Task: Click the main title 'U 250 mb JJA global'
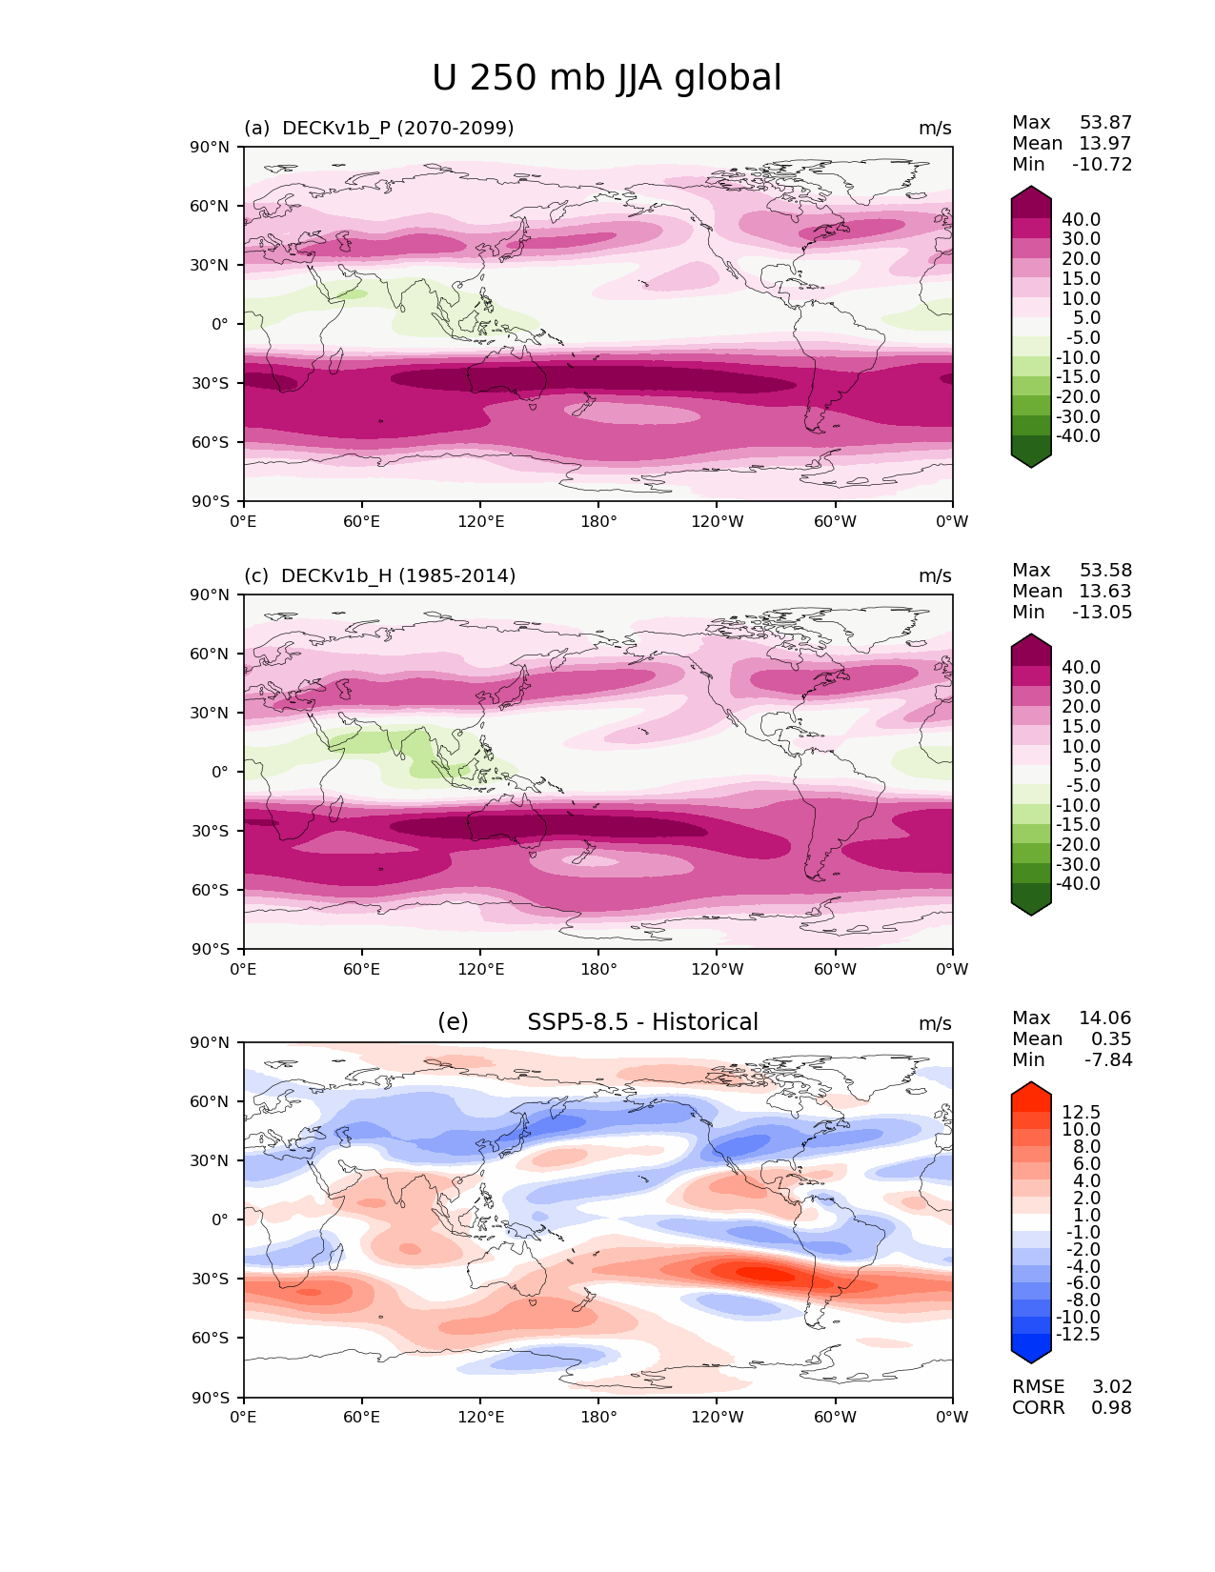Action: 606,78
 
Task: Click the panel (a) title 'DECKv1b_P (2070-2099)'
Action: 397,128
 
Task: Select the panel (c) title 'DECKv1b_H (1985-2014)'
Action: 398,575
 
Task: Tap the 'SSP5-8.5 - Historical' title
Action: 642,1022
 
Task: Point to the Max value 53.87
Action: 1105,122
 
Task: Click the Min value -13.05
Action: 1102,612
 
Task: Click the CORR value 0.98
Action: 1111,1407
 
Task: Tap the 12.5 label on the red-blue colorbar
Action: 1081,1112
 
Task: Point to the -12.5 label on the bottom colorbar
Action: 1078,1334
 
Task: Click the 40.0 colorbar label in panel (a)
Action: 1081,219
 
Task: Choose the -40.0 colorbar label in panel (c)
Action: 1078,883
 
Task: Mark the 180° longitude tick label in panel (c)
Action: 598,969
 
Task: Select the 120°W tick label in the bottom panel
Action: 718,1417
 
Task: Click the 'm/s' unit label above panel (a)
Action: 935,128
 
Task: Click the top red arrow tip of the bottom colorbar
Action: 1031,1086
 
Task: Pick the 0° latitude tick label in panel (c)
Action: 220,772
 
